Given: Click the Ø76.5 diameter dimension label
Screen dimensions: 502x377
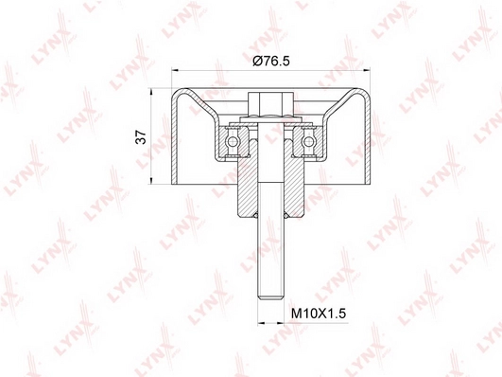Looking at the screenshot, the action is (270, 61).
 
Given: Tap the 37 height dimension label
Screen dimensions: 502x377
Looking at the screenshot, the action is (141, 137).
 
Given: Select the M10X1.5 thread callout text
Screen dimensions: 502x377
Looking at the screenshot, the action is (319, 314).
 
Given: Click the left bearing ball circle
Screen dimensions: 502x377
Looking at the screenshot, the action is (233, 141).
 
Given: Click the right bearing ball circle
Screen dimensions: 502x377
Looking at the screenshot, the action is (308, 141).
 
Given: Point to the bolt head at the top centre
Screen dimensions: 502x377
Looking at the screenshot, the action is (270, 104).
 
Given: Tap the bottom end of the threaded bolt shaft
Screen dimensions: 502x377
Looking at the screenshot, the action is (270, 299).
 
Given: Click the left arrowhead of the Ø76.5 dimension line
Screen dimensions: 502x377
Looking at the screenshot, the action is (175, 70).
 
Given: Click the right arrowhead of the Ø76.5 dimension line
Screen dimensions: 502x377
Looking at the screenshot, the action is (367, 70).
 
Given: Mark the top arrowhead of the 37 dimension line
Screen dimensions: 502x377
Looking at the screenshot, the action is (151, 91).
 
